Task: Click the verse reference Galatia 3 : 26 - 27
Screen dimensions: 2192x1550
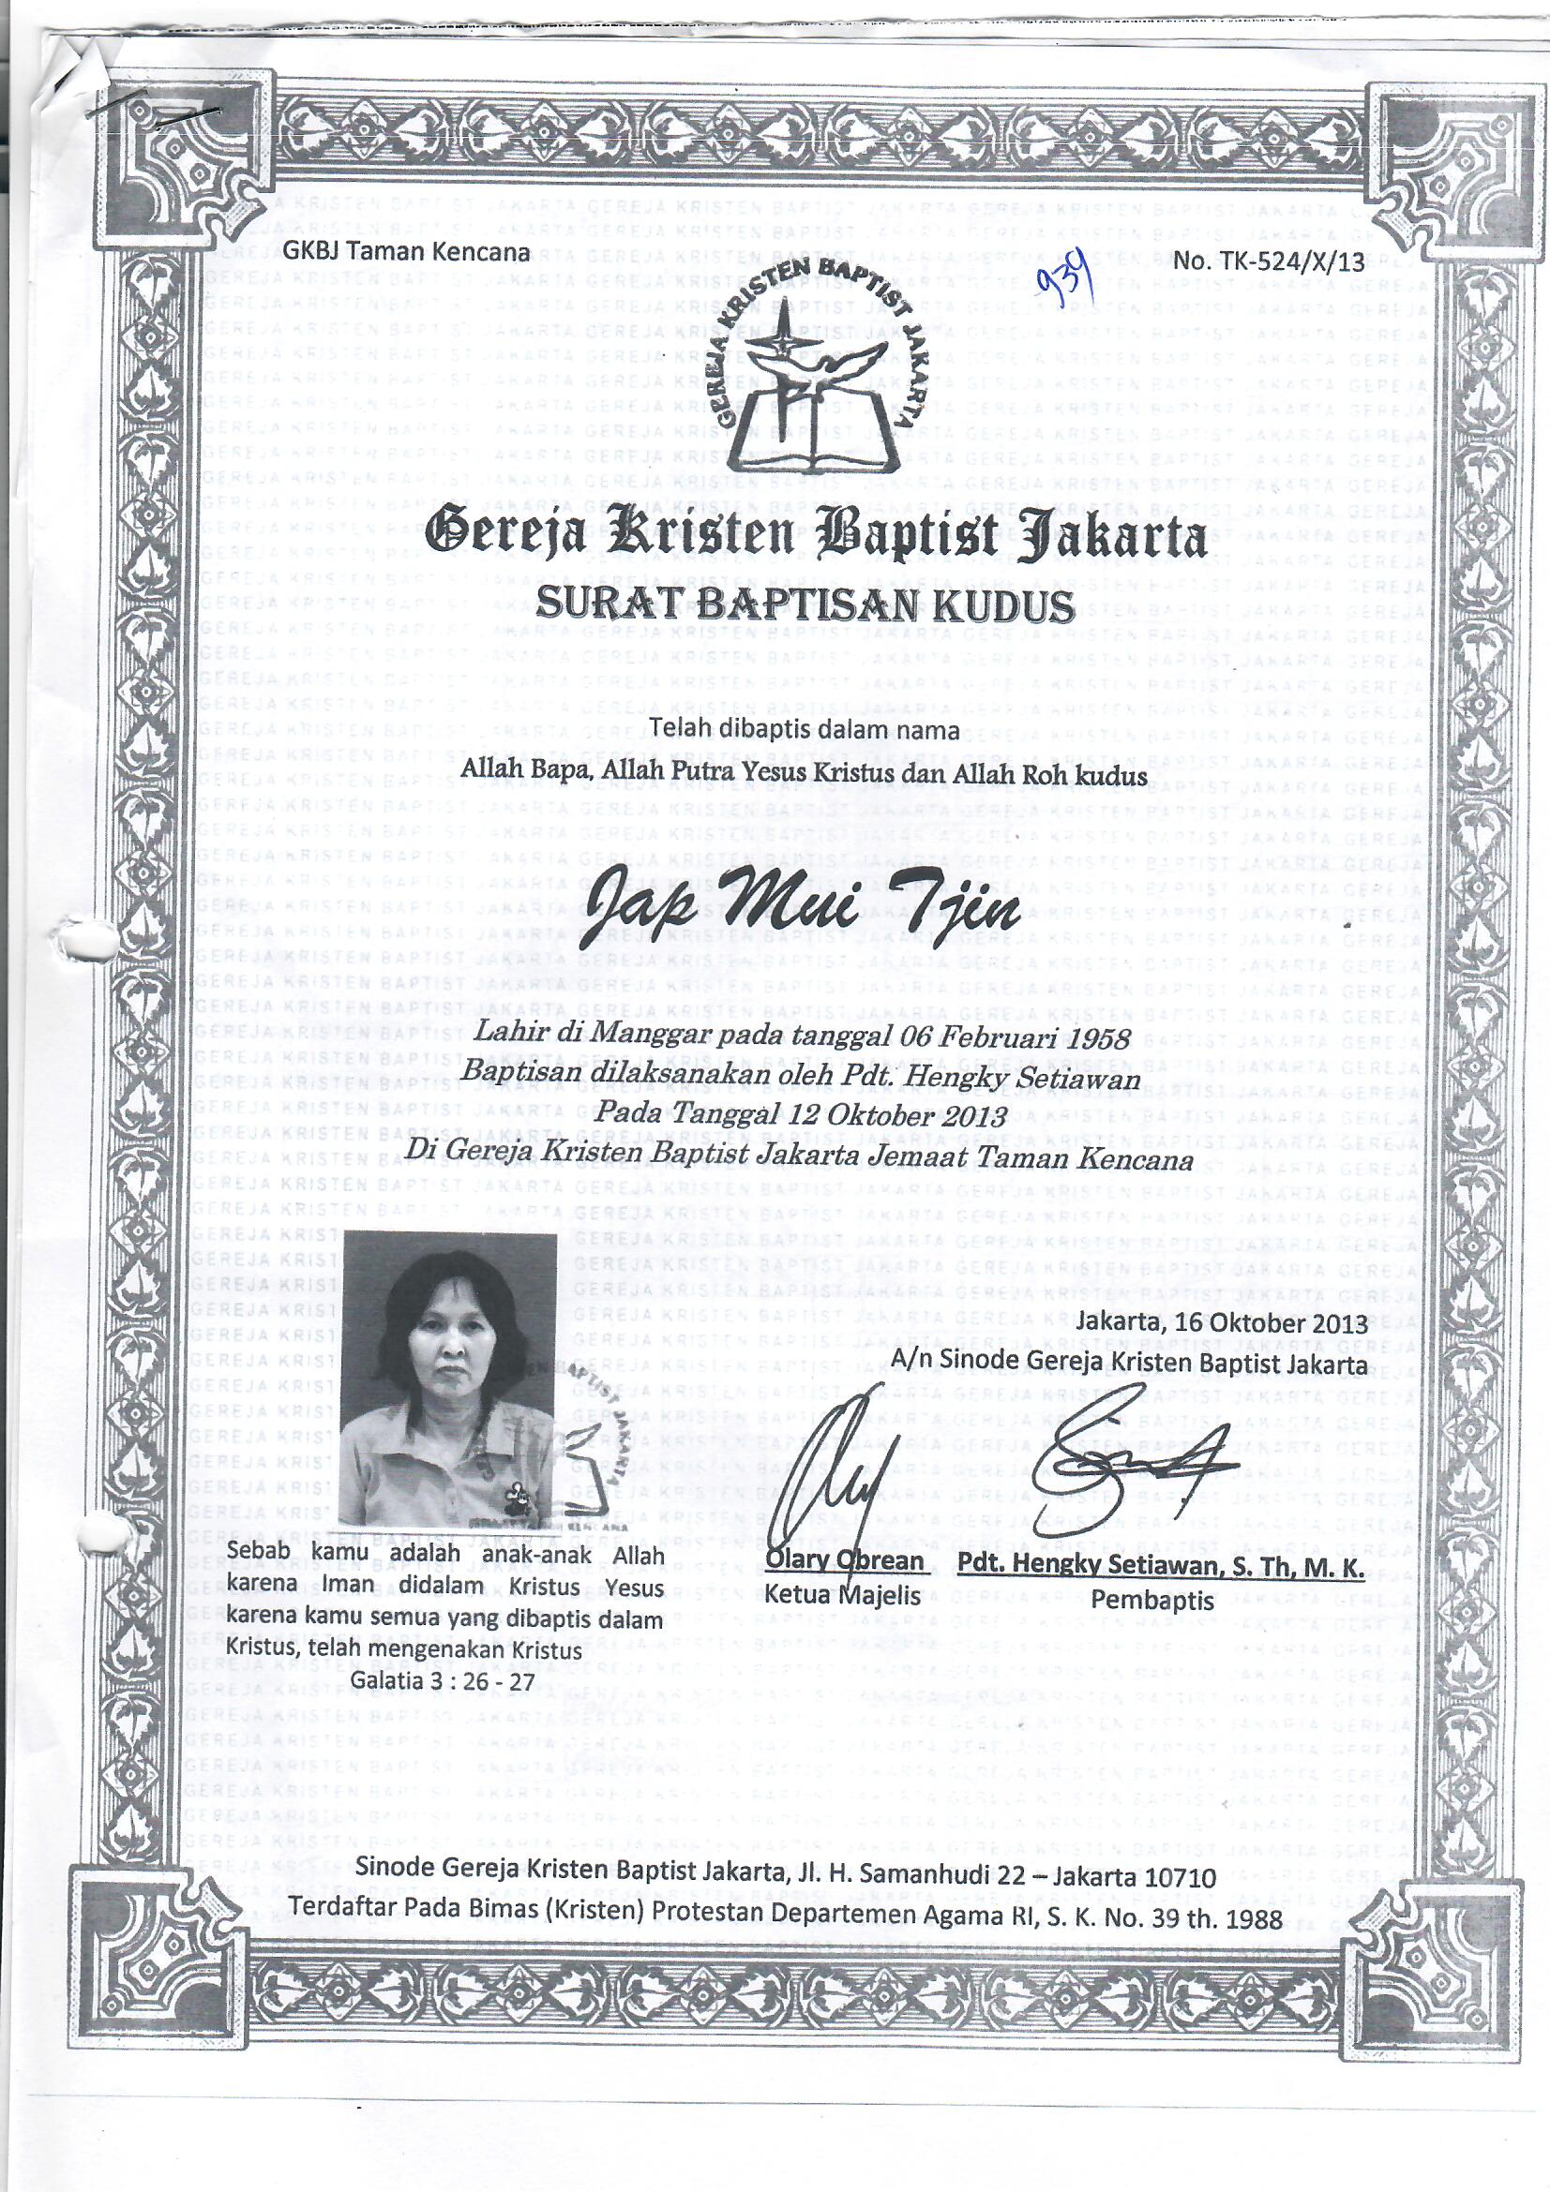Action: point(444,1681)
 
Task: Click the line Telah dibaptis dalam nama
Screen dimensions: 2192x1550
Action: point(805,731)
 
